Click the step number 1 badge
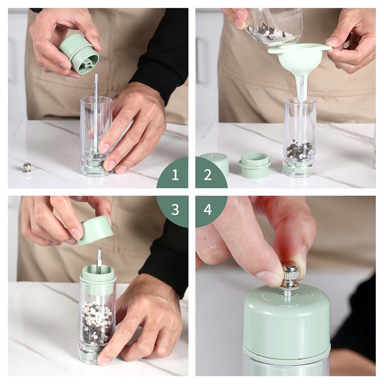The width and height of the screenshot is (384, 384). click(175, 175)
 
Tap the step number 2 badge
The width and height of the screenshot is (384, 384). click(208, 175)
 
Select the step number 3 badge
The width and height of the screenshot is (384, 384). click(175, 209)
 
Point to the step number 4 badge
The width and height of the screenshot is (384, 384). click(208, 209)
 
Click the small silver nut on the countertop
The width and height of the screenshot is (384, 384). click(26, 167)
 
